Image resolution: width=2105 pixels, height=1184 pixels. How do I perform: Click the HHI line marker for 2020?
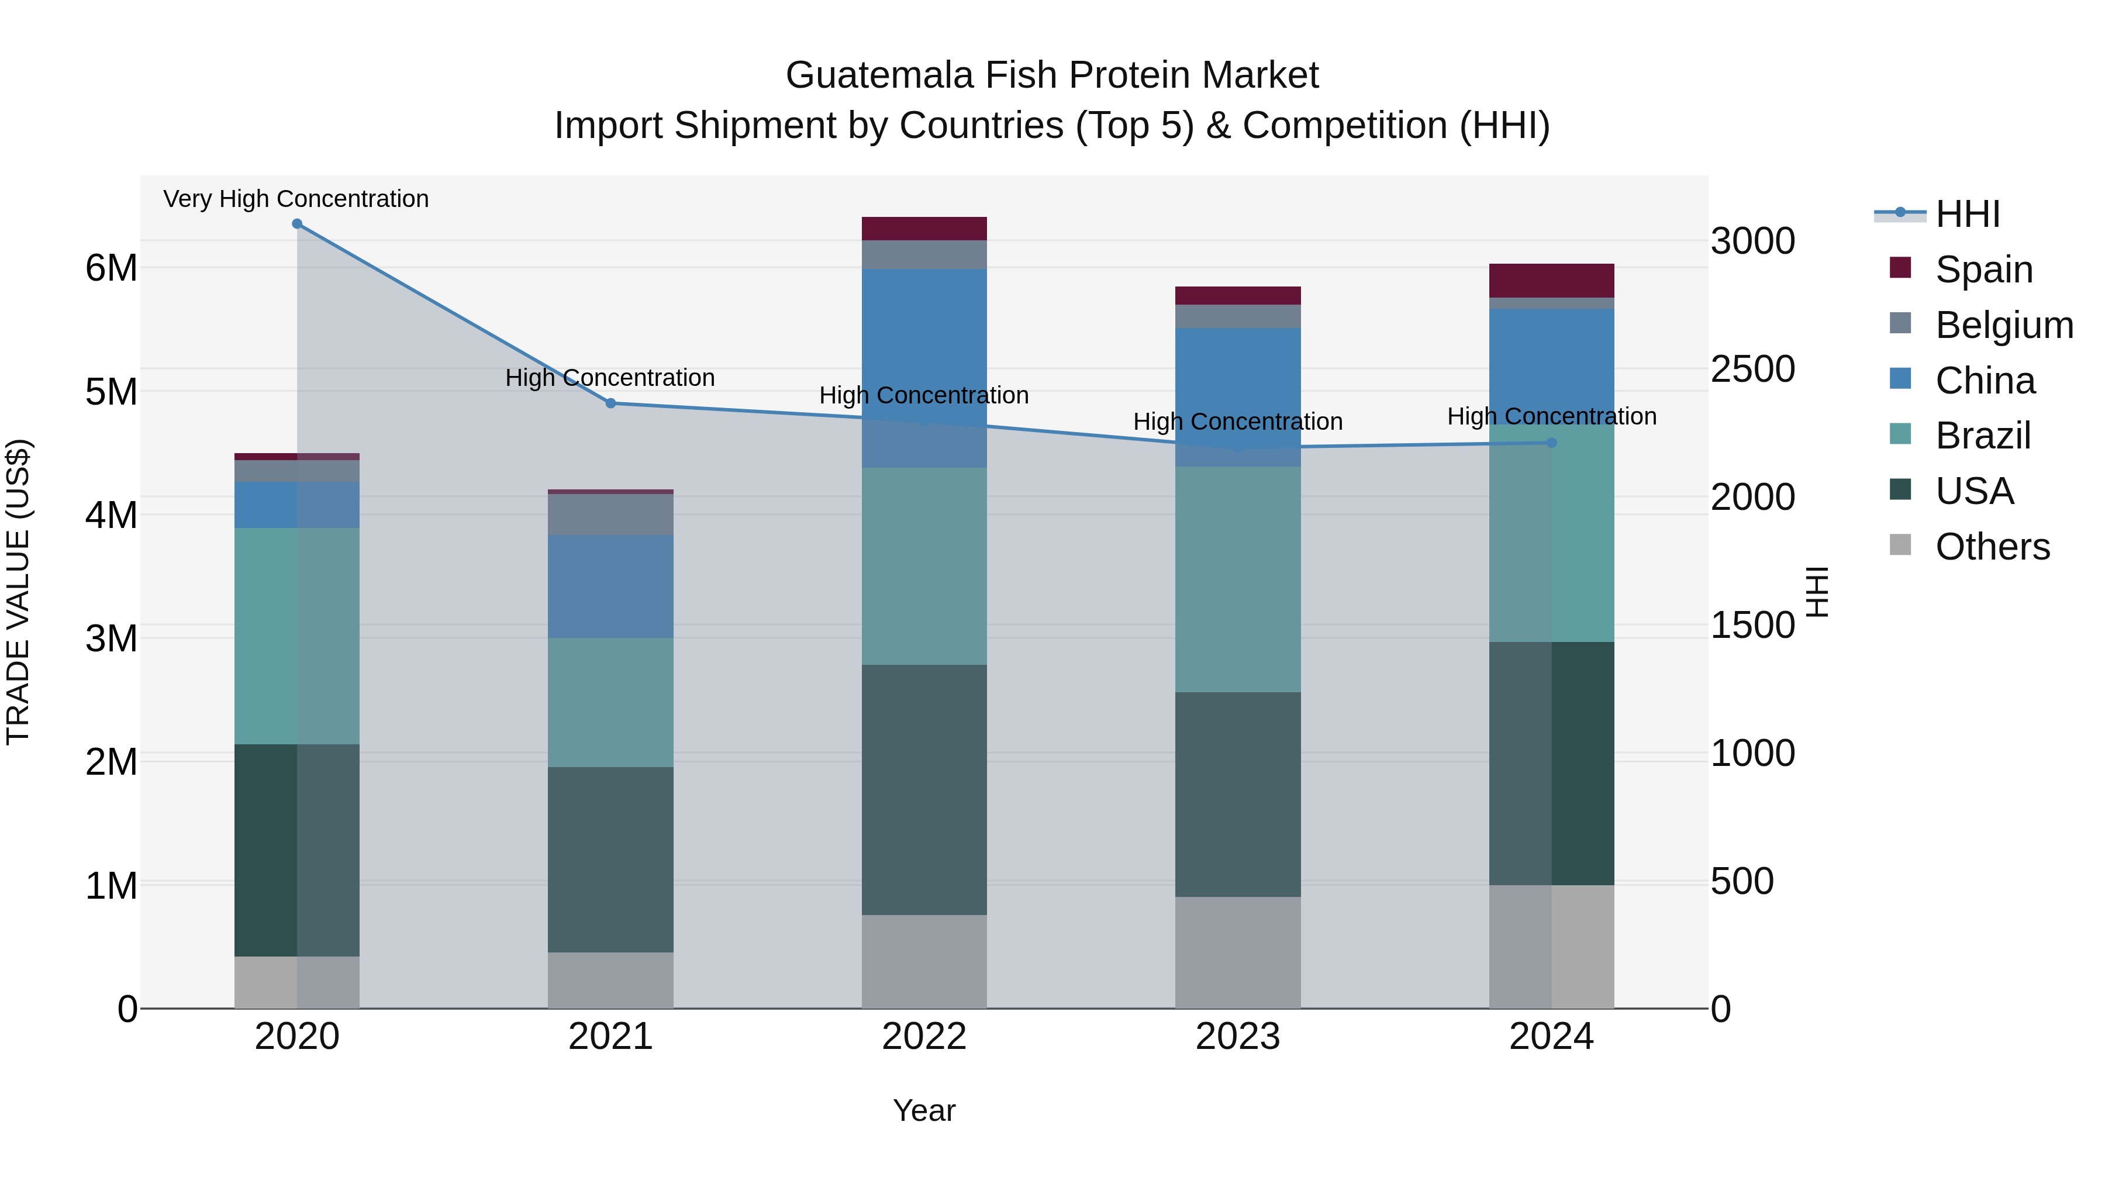pos(296,224)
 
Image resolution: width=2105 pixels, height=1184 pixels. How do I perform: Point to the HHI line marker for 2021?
pos(610,403)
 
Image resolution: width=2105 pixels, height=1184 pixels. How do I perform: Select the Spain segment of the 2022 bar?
pos(924,229)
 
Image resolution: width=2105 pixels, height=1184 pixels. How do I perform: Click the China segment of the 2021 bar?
pos(610,586)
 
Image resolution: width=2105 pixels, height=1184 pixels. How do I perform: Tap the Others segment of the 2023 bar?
pos(1238,953)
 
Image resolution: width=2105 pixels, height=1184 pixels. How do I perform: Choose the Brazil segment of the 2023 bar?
pos(1238,579)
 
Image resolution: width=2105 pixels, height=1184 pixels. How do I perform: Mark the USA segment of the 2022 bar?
pos(924,789)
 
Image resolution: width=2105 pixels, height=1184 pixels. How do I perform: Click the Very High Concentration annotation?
pos(296,199)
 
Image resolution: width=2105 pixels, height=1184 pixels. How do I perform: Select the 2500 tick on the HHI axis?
pos(1753,370)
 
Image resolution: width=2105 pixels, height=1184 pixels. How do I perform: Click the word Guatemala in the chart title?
pos(879,76)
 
